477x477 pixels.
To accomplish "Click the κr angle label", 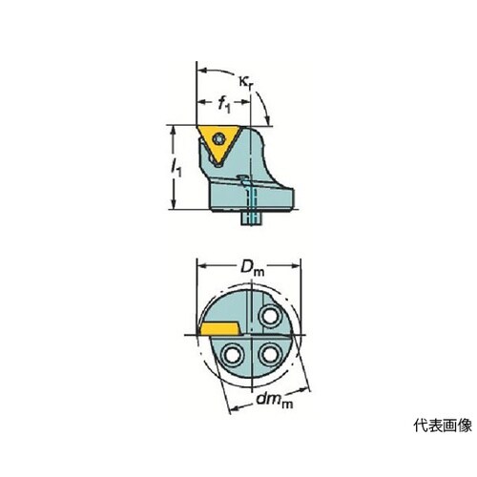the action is click(x=248, y=83).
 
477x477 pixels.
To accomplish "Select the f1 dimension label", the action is click(x=224, y=105).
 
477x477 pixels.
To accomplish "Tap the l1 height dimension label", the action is click(x=176, y=168).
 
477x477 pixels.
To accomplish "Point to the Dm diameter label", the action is click(x=252, y=268).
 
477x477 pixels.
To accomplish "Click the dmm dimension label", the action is click(x=275, y=400).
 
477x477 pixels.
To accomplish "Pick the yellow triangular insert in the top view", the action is click(x=218, y=144).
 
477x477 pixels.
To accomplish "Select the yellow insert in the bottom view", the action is click(x=219, y=329).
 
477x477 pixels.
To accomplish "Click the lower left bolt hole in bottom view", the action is click(x=233, y=355).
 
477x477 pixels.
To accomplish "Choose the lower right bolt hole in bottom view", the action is click(x=270, y=355).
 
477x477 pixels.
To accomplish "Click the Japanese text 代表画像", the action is click(x=443, y=425).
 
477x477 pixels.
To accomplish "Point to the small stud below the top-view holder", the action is click(x=251, y=218).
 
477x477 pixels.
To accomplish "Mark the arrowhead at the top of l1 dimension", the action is click(x=174, y=129).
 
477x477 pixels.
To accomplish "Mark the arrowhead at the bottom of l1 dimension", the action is click(x=174, y=205).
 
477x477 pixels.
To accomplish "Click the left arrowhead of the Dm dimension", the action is click(x=201, y=265).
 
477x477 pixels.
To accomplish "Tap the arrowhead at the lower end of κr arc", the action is click(x=268, y=121).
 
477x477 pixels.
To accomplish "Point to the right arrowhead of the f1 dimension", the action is click(x=247, y=102).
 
